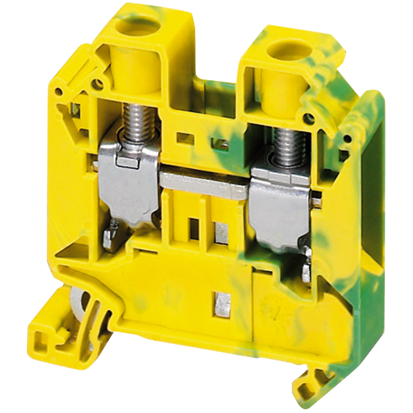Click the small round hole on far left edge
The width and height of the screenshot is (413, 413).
tap(59, 91)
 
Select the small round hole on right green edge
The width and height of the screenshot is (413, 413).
tap(347, 139)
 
